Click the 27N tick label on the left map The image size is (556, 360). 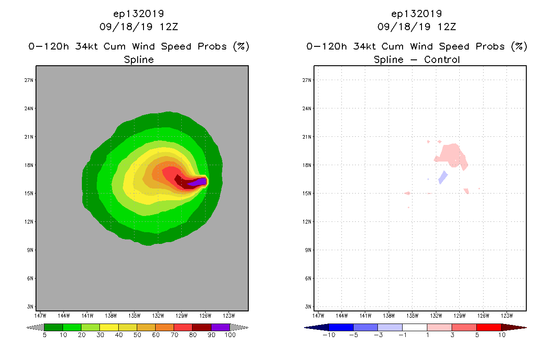29,80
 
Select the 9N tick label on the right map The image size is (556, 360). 307,250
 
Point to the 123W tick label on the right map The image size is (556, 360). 507,315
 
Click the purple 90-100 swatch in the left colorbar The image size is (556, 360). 220,327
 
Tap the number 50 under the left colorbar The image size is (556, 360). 137,335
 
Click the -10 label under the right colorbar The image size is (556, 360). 328,335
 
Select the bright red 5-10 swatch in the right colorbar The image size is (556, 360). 489,327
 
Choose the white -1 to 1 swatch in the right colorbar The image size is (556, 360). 414,327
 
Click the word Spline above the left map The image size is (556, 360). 139,59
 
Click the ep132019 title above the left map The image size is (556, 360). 139,13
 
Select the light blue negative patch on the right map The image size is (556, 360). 443,177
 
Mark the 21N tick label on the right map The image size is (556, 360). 307,137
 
